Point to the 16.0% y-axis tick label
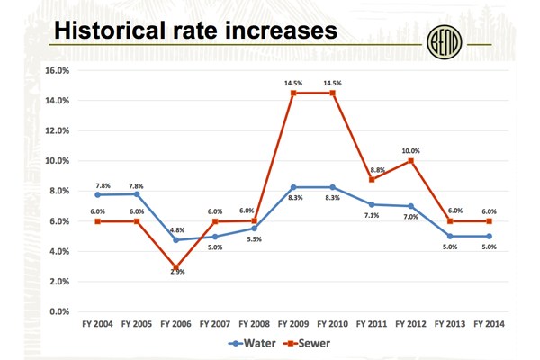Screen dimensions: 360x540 point(59,70)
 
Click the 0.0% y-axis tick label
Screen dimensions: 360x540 point(62,311)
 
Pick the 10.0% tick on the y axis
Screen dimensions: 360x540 point(59,161)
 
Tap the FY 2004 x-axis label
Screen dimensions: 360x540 point(96,322)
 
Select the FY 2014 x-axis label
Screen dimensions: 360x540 point(490,322)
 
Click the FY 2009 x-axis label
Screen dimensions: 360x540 point(293,322)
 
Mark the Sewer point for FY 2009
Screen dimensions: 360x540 point(293,93)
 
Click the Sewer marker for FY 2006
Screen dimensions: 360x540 point(175,268)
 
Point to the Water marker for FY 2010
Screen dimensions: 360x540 point(332,186)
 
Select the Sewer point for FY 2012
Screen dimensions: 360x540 point(411,161)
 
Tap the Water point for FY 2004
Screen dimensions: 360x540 point(96,194)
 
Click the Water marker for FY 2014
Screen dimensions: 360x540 point(490,237)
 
